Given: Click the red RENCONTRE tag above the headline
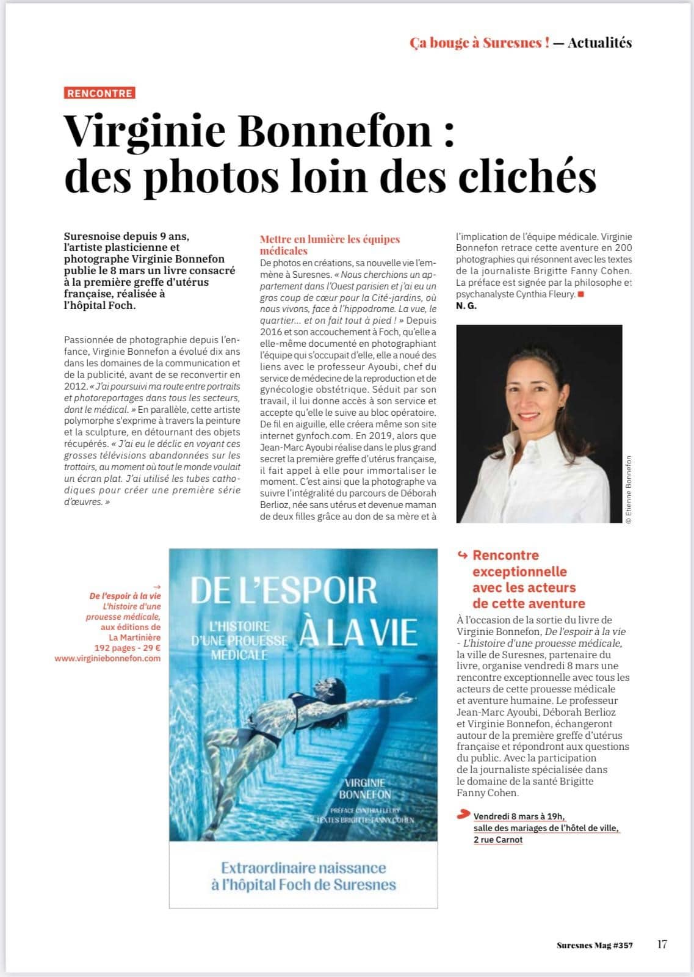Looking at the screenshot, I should tap(99, 93).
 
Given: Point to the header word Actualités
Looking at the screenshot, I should tap(599, 43).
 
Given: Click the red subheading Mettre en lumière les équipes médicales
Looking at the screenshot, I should tap(330, 245).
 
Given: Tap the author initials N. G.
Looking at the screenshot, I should tap(466, 306).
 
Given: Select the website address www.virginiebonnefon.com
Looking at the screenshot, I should tap(107, 658).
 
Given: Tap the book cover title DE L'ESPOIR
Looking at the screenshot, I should tap(284, 590).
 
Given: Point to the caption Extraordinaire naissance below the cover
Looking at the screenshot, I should tap(303, 868).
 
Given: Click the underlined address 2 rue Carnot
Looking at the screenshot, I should tap(498, 840).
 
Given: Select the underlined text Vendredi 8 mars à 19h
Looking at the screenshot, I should tap(519, 816).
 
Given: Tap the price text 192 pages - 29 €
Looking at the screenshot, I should tap(127, 648).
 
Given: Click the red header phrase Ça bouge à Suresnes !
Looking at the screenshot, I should tap(479, 43).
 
